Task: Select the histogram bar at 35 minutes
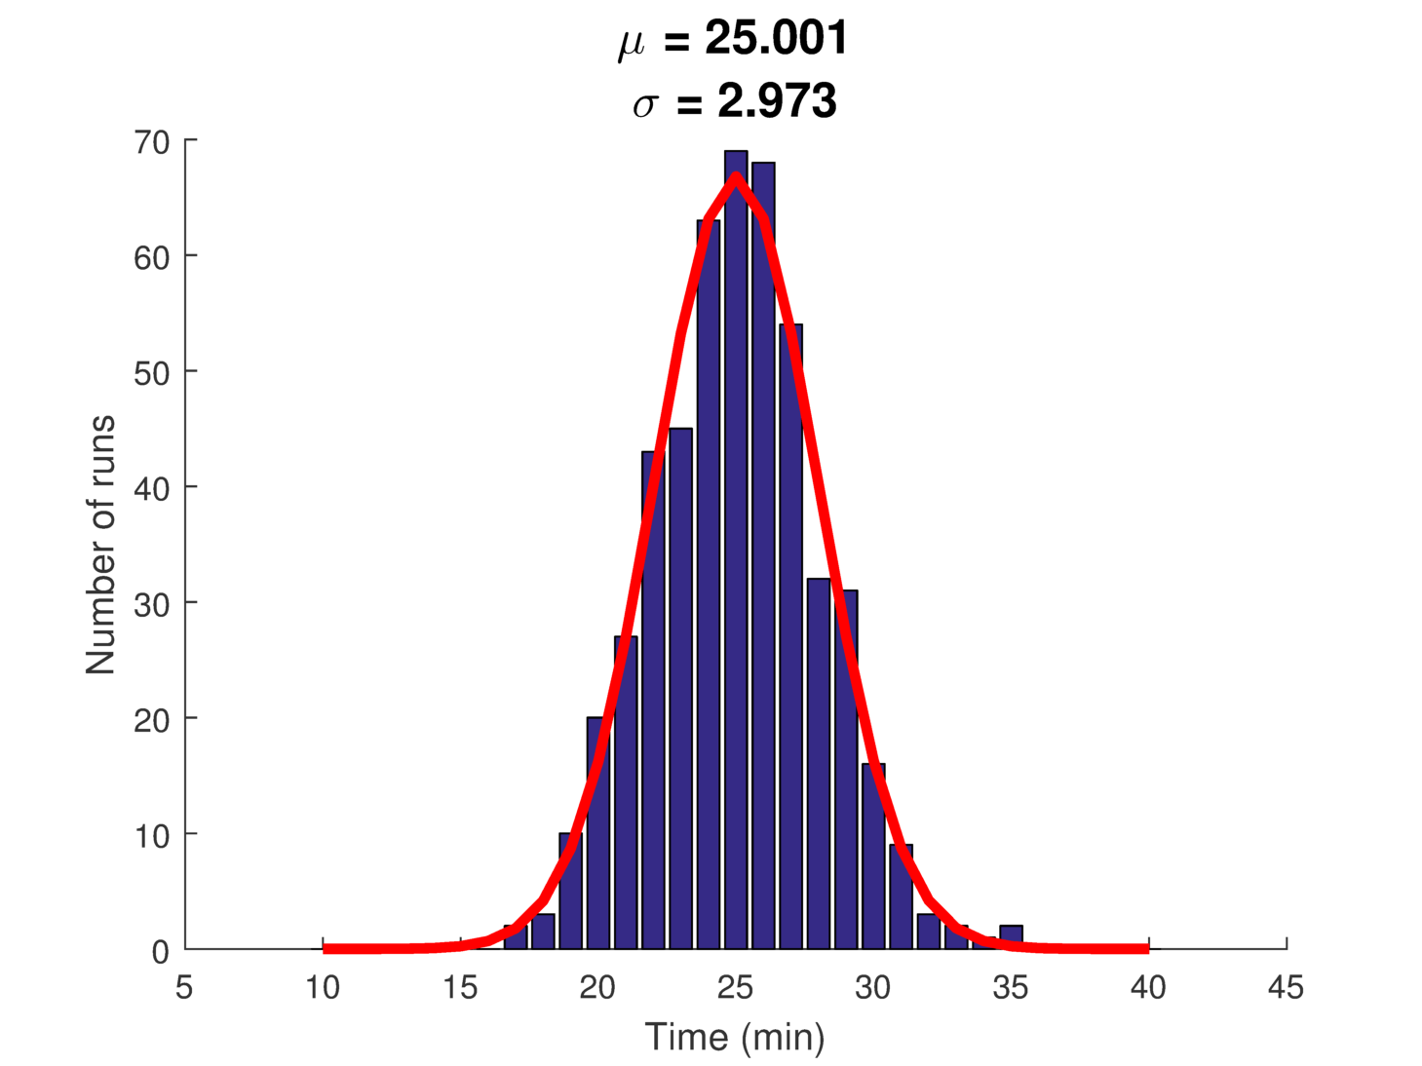pos(1011,936)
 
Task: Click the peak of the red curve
pos(736,176)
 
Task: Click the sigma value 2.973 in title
pos(777,101)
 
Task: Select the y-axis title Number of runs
pos(100,545)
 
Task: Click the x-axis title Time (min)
pos(735,1037)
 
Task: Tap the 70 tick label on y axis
pos(152,142)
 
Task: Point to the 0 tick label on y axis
pos(161,952)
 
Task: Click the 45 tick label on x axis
pos(1286,988)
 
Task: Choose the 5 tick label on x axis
pos(184,988)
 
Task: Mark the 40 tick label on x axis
pos(1148,988)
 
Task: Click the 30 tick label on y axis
pos(152,604)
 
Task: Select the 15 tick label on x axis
pos(460,988)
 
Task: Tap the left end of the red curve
pos(326,948)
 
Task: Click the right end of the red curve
pos(1146,948)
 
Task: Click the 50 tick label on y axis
pos(152,373)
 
